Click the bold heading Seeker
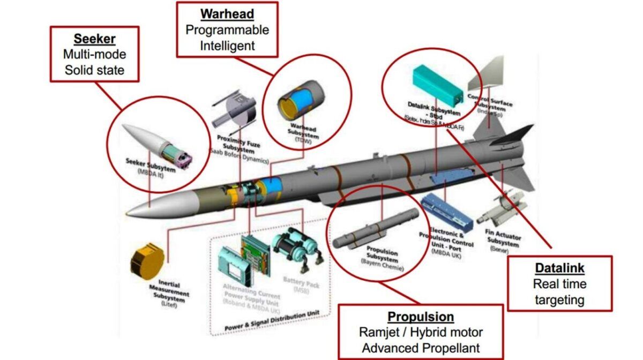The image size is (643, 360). (94, 40)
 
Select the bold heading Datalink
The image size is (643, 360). (559, 268)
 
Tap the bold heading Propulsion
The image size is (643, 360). (421, 316)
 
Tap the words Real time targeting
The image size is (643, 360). (559, 292)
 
